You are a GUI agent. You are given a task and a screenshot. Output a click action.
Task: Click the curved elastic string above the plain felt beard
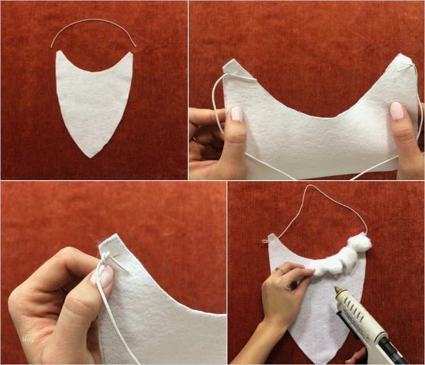tap(93, 20)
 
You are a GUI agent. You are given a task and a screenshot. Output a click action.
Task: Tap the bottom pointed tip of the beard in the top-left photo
tap(90, 157)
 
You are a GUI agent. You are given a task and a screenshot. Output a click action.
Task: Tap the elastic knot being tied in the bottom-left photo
tap(105, 259)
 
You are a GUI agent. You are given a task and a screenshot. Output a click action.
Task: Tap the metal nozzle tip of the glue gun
tap(338, 290)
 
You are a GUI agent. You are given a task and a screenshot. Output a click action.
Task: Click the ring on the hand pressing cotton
tap(279, 269)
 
